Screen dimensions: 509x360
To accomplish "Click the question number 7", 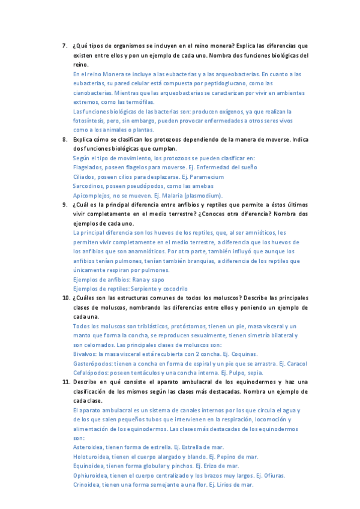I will (x=65, y=46).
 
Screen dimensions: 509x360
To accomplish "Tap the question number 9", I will (x=65, y=205).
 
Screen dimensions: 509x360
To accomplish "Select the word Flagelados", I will (x=87, y=167).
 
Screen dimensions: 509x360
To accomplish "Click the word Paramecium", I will (x=206, y=177).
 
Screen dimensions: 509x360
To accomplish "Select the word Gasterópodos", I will (x=93, y=364).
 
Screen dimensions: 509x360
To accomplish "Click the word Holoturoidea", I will (x=92, y=456).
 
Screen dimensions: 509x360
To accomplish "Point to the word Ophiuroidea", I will (x=91, y=475).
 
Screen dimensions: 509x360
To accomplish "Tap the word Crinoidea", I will (x=88, y=484).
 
